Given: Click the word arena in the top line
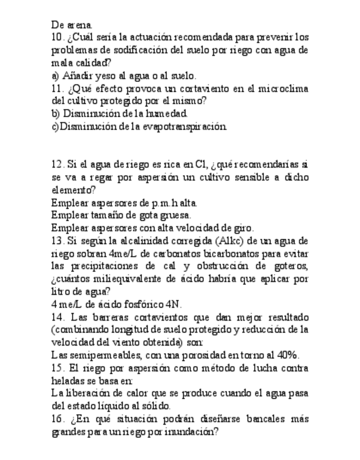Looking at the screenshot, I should click(80, 25).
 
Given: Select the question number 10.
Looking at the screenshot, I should click(58, 37).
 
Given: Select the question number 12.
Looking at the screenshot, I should click(58, 164).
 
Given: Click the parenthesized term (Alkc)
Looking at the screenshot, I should click(234, 241).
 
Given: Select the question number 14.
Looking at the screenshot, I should click(58, 317).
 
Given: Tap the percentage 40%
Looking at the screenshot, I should click(287, 355).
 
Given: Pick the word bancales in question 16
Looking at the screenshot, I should click(266, 419).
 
